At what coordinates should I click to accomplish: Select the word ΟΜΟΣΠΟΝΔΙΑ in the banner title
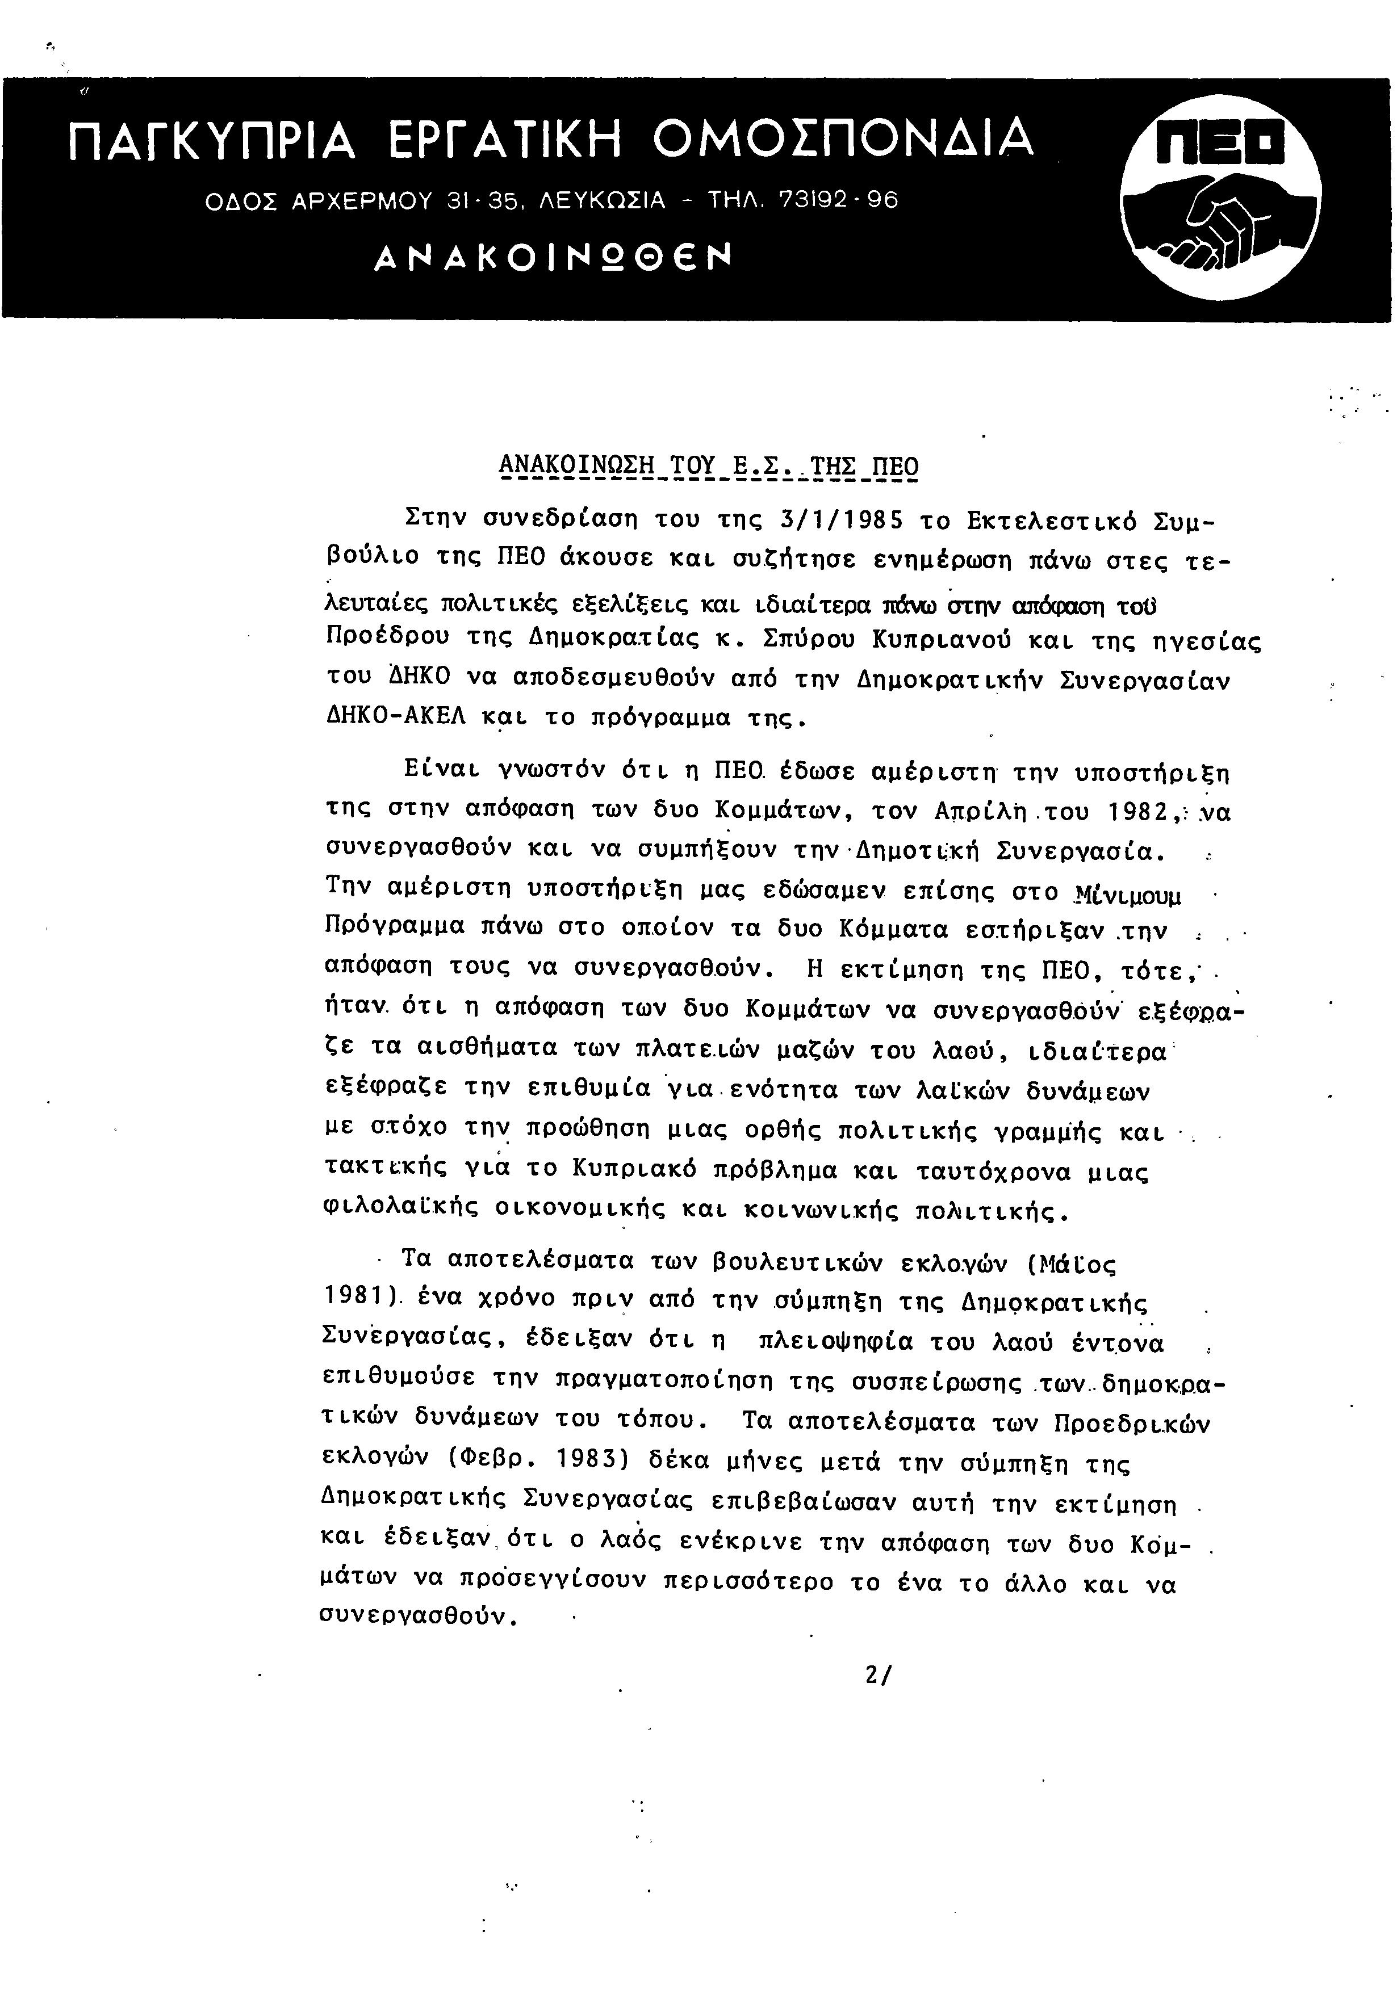point(843,139)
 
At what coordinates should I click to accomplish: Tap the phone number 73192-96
point(838,200)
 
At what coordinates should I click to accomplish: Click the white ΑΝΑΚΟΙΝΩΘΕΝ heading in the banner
point(553,257)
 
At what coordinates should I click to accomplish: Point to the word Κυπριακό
point(635,1170)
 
